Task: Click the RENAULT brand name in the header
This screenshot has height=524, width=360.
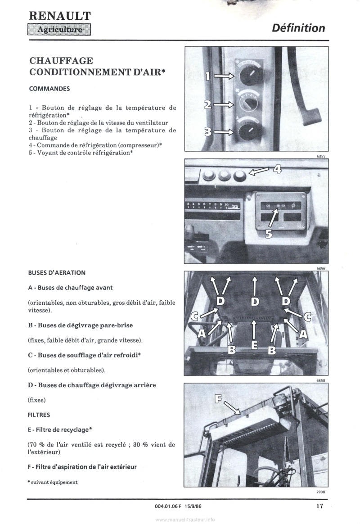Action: [59, 16]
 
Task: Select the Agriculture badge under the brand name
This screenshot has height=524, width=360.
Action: [59, 30]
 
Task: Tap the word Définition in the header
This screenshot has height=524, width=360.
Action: [298, 28]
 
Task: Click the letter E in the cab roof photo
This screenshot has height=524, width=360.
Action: [254, 346]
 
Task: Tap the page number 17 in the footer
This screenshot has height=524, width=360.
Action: [319, 506]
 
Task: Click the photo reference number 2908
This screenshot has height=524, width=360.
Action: [320, 492]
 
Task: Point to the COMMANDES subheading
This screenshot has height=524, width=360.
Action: [49, 89]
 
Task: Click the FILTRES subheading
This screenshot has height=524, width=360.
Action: [39, 415]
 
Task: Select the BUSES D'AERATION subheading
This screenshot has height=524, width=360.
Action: [57, 273]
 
